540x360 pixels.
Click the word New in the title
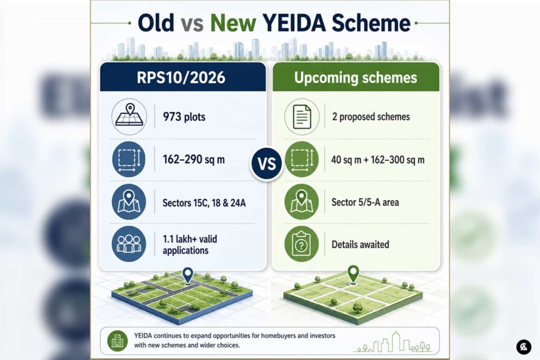[233, 23]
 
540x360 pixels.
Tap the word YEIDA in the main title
[294, 23]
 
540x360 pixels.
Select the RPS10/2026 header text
[181, 77]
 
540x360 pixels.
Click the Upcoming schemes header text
[356, 78]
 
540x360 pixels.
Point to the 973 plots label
[184, 117]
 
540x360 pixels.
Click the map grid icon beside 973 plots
[129, 116]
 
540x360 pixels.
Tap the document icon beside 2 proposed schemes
[302, 116]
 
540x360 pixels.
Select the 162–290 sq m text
[194, 160]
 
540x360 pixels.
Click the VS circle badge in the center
[266, 164]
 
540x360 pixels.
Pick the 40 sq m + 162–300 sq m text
[378, 160]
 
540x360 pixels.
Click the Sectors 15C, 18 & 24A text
[204, 203]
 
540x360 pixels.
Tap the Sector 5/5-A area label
[365, 202]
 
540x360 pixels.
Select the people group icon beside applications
[129, 244]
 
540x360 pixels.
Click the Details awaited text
[360, 245]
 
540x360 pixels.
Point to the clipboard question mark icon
[301, 244]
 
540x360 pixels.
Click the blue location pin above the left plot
[188, 275]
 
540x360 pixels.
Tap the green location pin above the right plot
[353, 274]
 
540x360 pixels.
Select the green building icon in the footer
[118, 340]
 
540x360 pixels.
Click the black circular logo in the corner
[524, 347]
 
